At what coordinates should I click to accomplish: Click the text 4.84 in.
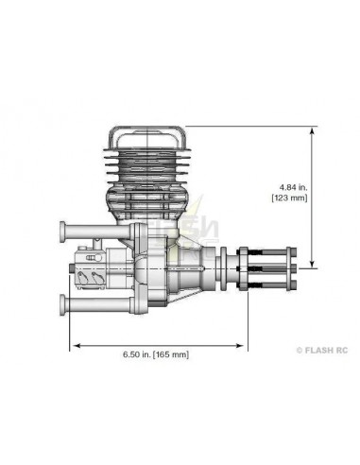[286, 185]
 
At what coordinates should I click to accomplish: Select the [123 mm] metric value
[286, 198]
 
